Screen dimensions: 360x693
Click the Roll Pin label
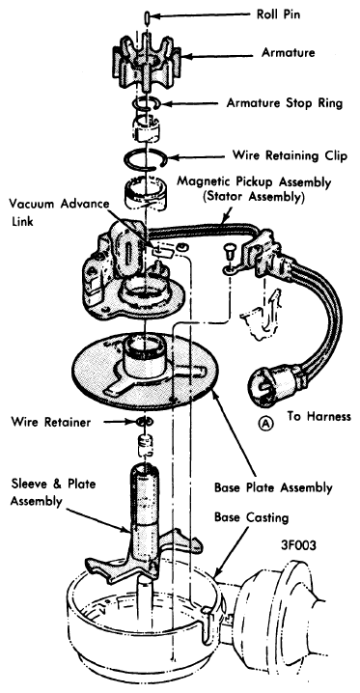pos(280,15)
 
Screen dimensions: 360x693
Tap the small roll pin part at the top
pos(146,16)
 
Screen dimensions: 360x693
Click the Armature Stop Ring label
pos(285,103)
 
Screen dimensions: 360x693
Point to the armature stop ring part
pos(146,103)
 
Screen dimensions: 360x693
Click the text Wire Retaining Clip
pos(290,155)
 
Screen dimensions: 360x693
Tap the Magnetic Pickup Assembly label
pos(254,189)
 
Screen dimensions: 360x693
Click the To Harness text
pos(318,416)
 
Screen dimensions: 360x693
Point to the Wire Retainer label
pos(51,422)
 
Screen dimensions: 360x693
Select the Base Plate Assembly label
pos(273,488)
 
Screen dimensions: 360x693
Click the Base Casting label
pos(251,517)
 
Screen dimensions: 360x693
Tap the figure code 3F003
pos(298,545)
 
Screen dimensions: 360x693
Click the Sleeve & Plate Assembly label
pos(53,492)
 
